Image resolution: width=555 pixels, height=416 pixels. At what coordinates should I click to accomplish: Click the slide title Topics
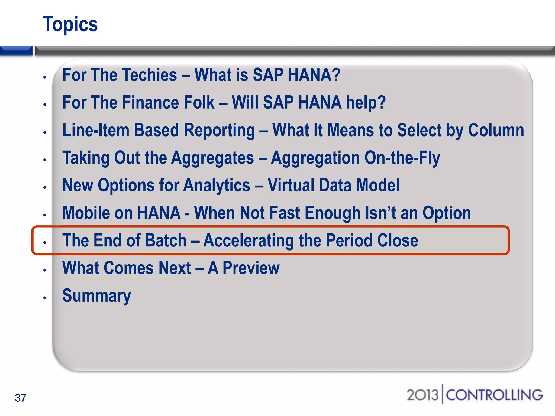pyautogui.click(x=70, y=24)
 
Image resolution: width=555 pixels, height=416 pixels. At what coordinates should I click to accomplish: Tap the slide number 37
pyautogui.click(x=21, y=398)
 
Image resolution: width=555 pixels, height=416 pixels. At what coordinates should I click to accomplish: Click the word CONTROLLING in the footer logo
pyautogui.click(x=494, y=395)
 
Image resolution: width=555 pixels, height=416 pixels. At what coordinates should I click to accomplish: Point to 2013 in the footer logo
pyautogui.click(x=422, y=395)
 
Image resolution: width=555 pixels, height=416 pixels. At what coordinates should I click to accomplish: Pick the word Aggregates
pyautogui.click(x=212, y=158)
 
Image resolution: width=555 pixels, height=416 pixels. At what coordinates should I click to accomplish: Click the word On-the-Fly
pyautogui.click(x=402, y=158)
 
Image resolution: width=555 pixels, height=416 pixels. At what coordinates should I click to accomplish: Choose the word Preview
pyautogui.click(x=251, y=268)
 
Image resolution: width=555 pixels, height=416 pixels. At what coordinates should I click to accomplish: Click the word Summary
pyautogui.click(x=96, y=296)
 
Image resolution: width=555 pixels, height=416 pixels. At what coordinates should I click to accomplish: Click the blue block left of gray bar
pyautogui.click(x=16, y=50)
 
